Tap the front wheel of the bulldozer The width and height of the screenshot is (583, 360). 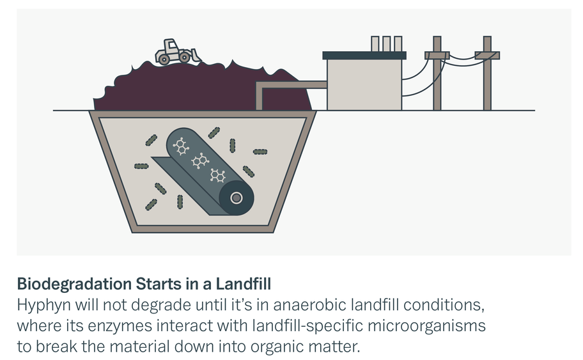(184, 57)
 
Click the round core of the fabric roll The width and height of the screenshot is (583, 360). (237, 198)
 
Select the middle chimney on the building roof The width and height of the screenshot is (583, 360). (386, 44)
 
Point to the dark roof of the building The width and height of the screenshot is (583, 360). (364, 56)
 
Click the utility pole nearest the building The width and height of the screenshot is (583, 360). (437, 74)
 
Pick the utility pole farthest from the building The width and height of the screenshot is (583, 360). (487, 74)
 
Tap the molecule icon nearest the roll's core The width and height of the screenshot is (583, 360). (218, 176)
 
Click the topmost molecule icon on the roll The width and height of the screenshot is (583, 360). (181, 146)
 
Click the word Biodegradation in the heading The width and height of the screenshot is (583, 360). (74, 284)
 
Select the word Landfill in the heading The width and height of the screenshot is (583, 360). (244, 283)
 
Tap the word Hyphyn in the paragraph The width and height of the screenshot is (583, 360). (44, 305)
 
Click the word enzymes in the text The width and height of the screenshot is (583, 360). (120, 325)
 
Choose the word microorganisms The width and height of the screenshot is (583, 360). (426, 325)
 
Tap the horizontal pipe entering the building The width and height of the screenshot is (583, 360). (291, 85)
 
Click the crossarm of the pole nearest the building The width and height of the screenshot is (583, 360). (437, 56)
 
